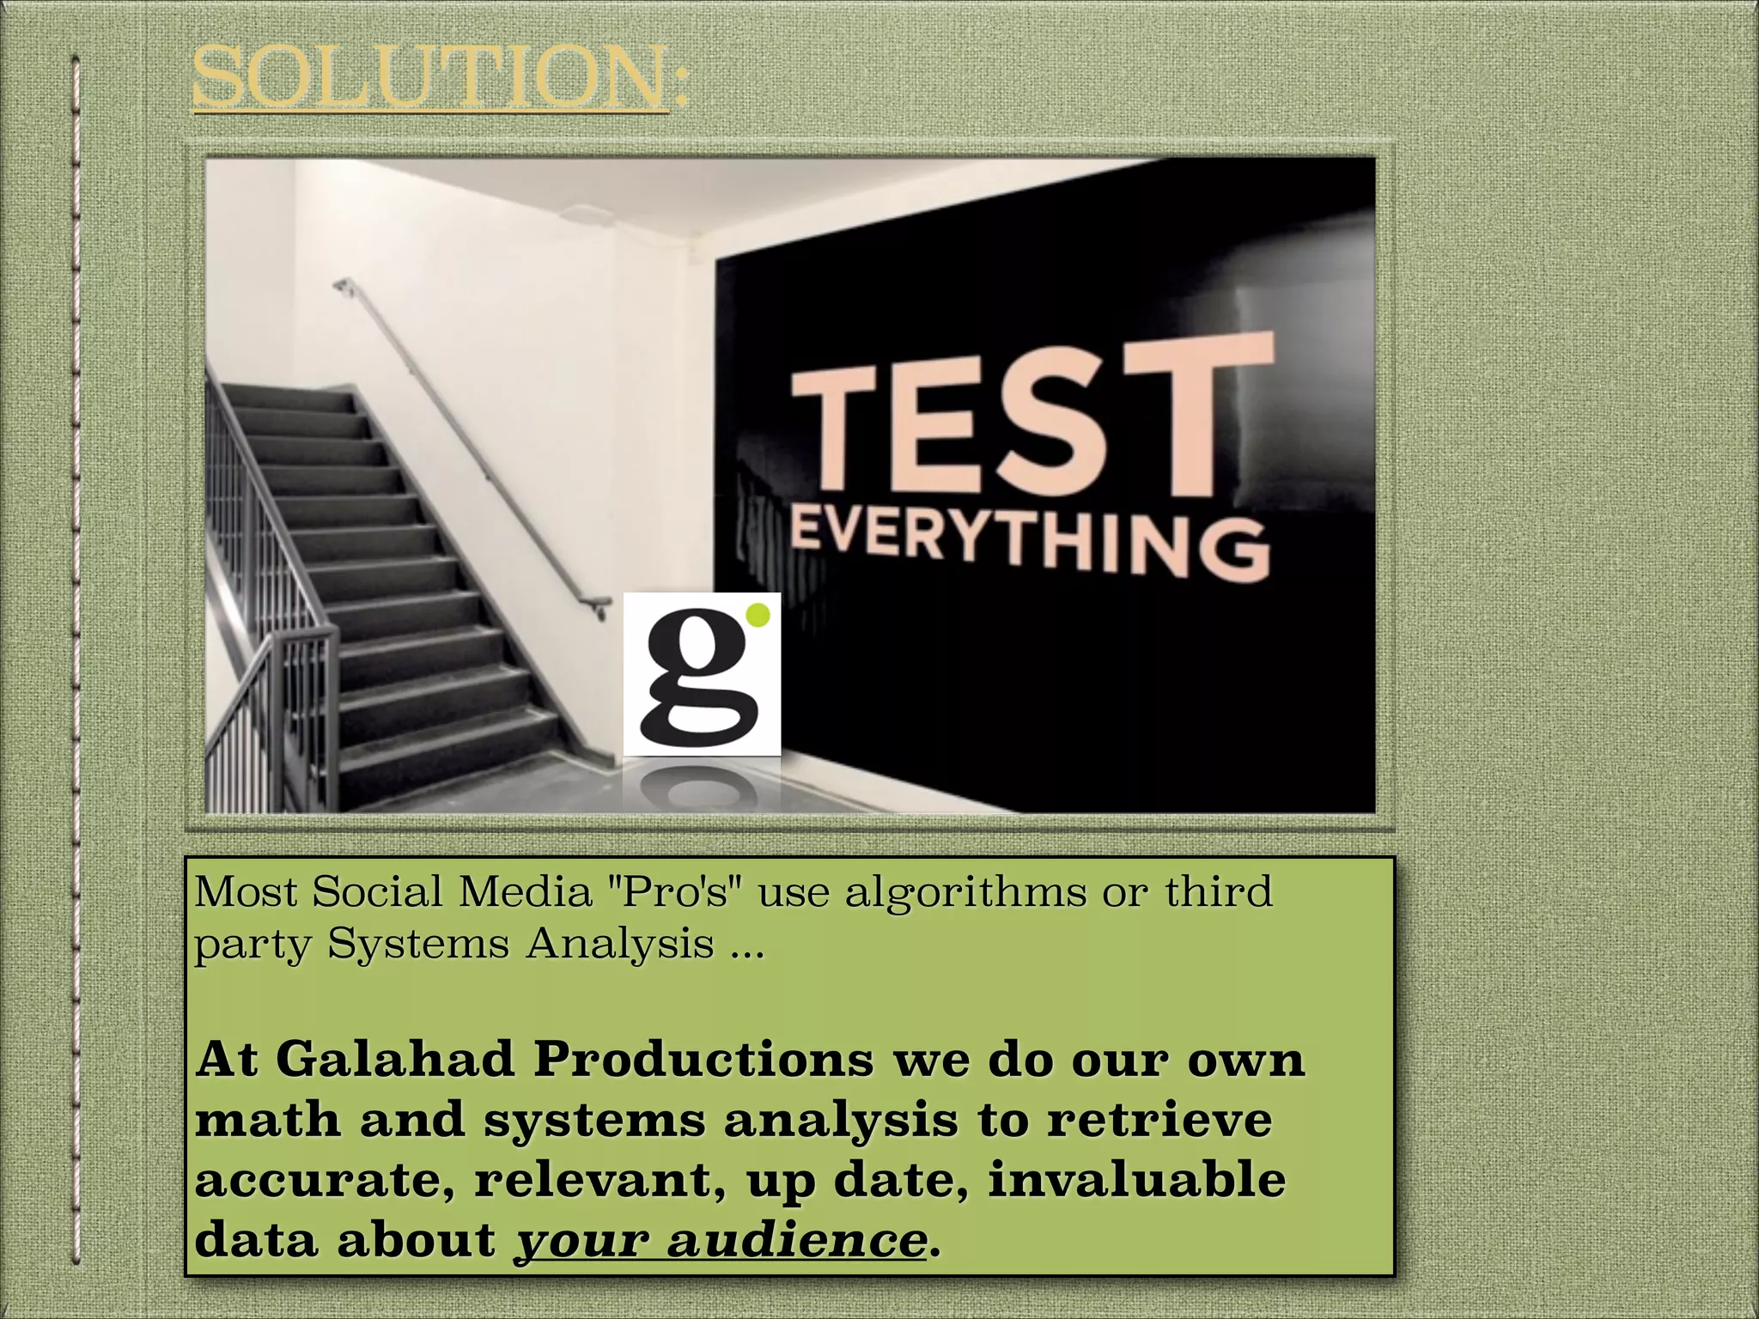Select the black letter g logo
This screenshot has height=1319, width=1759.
pyautogui.click(x=696, y=678)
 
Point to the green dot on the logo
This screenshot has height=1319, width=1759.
pyautogui.click(x=758, y=614)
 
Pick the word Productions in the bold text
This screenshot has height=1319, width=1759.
pyautogui.click(x=703, y=1059)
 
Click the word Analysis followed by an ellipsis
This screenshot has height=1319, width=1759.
pyautogui.click(x=619, y=944)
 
